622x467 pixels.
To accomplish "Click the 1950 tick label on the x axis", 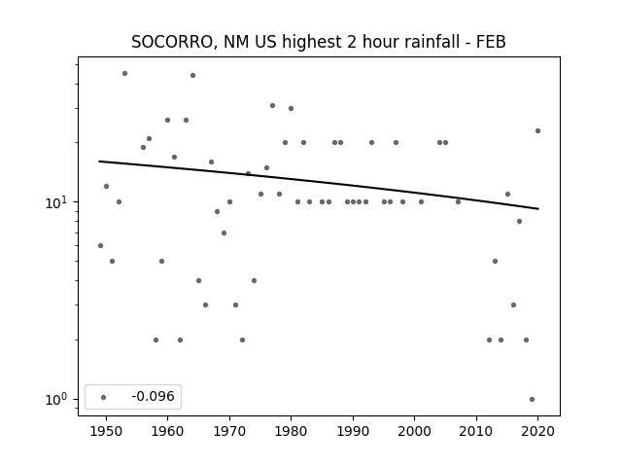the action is (x=106, y=431).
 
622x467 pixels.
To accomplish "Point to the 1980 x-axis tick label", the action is (x=291, y=431).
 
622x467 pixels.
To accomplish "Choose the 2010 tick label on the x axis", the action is (x=476, y=431).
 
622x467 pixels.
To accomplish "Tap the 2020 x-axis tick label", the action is (x=537, y=431).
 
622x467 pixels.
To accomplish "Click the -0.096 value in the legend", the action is (x=153, y=396).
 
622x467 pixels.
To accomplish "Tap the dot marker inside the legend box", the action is (x=103, y=397).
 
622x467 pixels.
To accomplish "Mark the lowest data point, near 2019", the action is (x=532, y=399).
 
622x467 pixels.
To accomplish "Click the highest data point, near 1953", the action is (x=124, y=74).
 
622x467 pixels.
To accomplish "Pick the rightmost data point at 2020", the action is (x=537, y=130).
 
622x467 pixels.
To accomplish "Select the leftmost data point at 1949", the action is (x=100, y=245).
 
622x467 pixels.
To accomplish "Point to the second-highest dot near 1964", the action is (x=192, y=76).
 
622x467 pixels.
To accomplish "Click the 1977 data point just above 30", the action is (x=272, y=106).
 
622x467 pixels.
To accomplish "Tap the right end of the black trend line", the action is (x=538, y=208).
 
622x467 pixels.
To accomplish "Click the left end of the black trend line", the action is (x=99, y=162).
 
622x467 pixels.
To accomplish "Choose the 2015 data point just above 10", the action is (x=507, y=195).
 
